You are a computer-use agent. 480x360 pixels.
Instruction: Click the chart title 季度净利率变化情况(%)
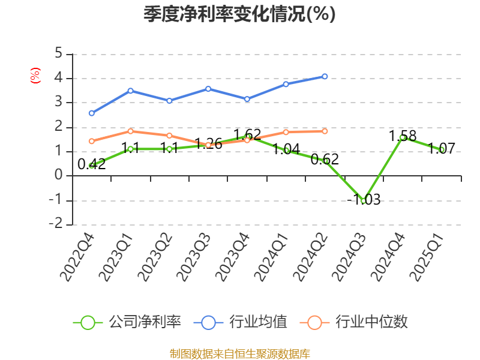(239, 14)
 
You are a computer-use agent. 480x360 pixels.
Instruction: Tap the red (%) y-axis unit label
(35, 76)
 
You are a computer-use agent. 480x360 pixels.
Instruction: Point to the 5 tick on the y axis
(58, 53)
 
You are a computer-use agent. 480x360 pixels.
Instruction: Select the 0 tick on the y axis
(58, 176)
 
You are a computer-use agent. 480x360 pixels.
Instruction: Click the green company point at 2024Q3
(364, 201)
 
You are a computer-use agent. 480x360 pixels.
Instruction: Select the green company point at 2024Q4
(403, 137)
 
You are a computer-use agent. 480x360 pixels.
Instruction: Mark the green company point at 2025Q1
(442, 149)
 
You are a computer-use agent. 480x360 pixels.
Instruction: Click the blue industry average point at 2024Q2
(325, 76)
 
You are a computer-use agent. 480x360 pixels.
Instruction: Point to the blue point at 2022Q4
(91, 113)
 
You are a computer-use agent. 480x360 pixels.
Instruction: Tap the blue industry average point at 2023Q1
(130, 91)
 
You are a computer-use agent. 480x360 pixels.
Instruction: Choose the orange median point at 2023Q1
(130, 131)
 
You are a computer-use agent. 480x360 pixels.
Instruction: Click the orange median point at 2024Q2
(325, 131)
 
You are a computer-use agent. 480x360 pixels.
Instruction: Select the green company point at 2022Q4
(91, 166)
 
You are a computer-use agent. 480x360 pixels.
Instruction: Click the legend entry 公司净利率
(127, 322)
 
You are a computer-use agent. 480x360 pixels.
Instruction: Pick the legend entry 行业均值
(240, 322)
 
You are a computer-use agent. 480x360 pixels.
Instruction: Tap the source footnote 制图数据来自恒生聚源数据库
(239, 353)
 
